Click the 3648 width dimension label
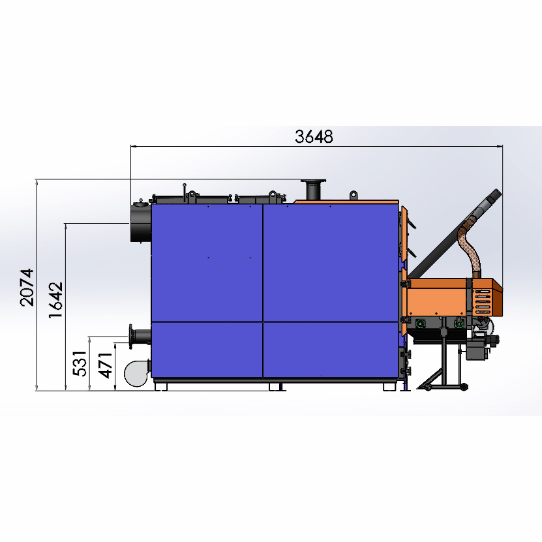click(x=314, y=136)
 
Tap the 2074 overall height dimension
click(x=27, y=287)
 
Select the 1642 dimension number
click(x=56, y=300)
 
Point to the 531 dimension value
click(x=80, y=363)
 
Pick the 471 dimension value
click(x=105, y=366)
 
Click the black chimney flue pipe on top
click(x=313, y=189)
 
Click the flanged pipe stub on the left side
click(x=140, y=336)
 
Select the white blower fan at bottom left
click(x=137, y=373)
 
